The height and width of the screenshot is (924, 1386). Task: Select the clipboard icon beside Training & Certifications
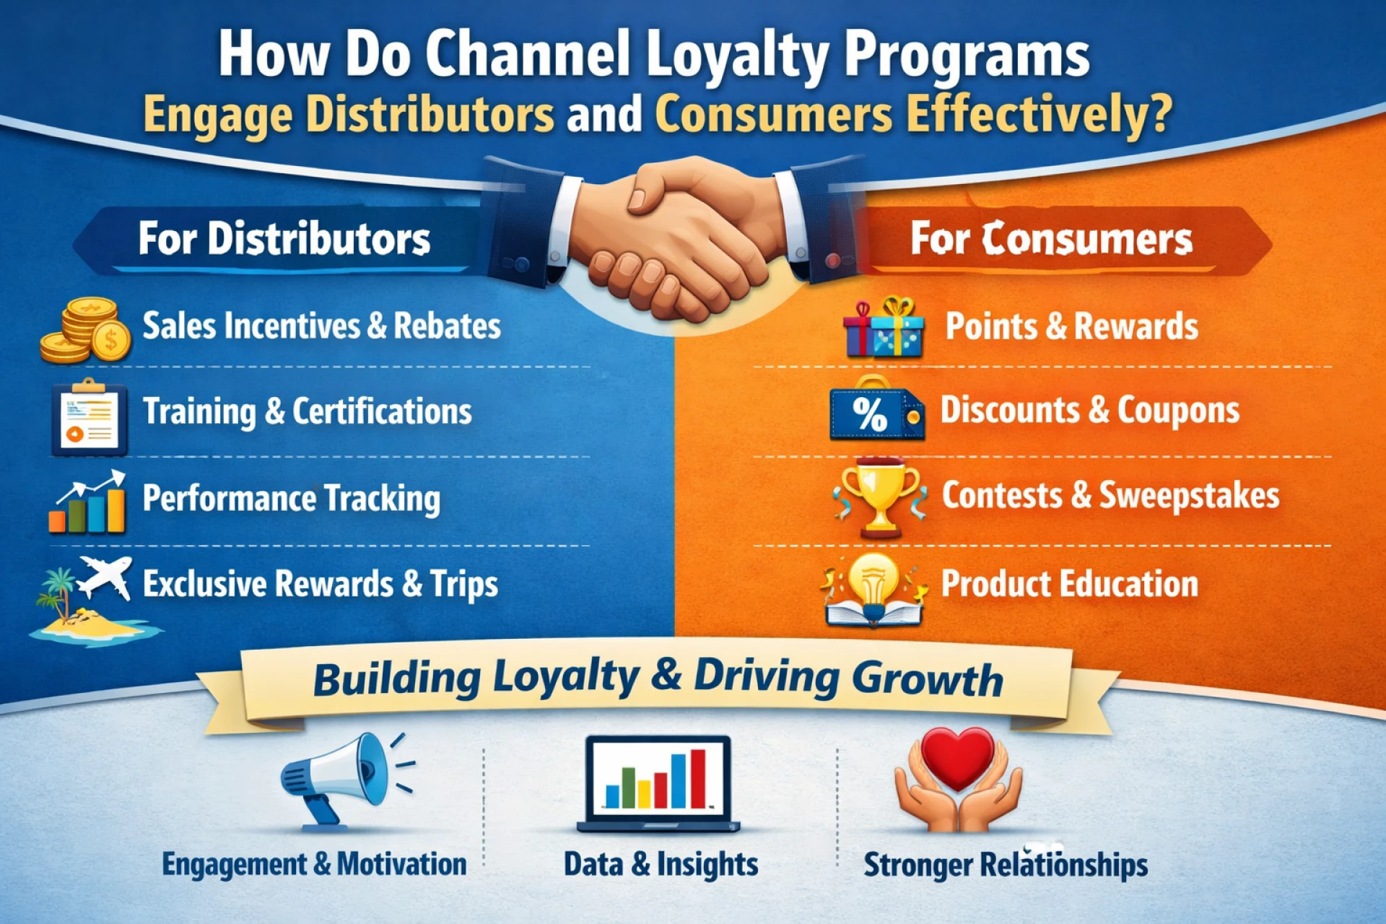[x=90, y=417]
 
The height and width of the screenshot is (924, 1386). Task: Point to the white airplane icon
[x=105, y=577]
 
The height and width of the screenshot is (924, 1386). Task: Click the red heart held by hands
[x=958, y=758]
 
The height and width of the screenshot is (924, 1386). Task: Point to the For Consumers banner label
[x=1051, y=239]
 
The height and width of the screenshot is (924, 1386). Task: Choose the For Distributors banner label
[x=284, y=239]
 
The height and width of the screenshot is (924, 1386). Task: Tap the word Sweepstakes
[x=1189, y=497]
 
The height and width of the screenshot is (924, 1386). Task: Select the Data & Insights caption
[x=661, y=864]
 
